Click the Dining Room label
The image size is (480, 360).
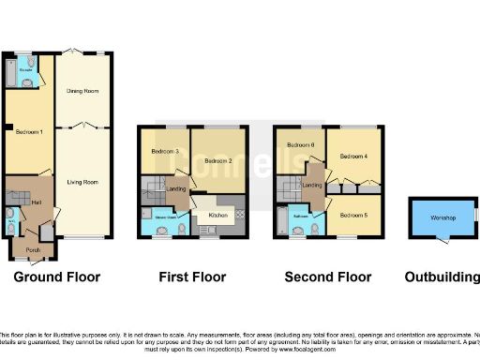83,91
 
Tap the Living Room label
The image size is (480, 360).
83,181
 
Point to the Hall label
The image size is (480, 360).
35,202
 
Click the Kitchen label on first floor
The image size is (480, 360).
218,216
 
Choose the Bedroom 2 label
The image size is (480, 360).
218,160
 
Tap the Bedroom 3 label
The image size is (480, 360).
164,152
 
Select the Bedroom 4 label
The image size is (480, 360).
354,156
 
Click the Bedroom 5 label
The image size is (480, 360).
354,216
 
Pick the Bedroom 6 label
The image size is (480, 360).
300,145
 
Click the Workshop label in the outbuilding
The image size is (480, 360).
442,218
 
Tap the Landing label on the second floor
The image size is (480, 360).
313,185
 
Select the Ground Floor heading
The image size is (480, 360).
59,277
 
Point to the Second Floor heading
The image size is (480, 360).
328,277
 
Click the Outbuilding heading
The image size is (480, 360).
442,277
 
